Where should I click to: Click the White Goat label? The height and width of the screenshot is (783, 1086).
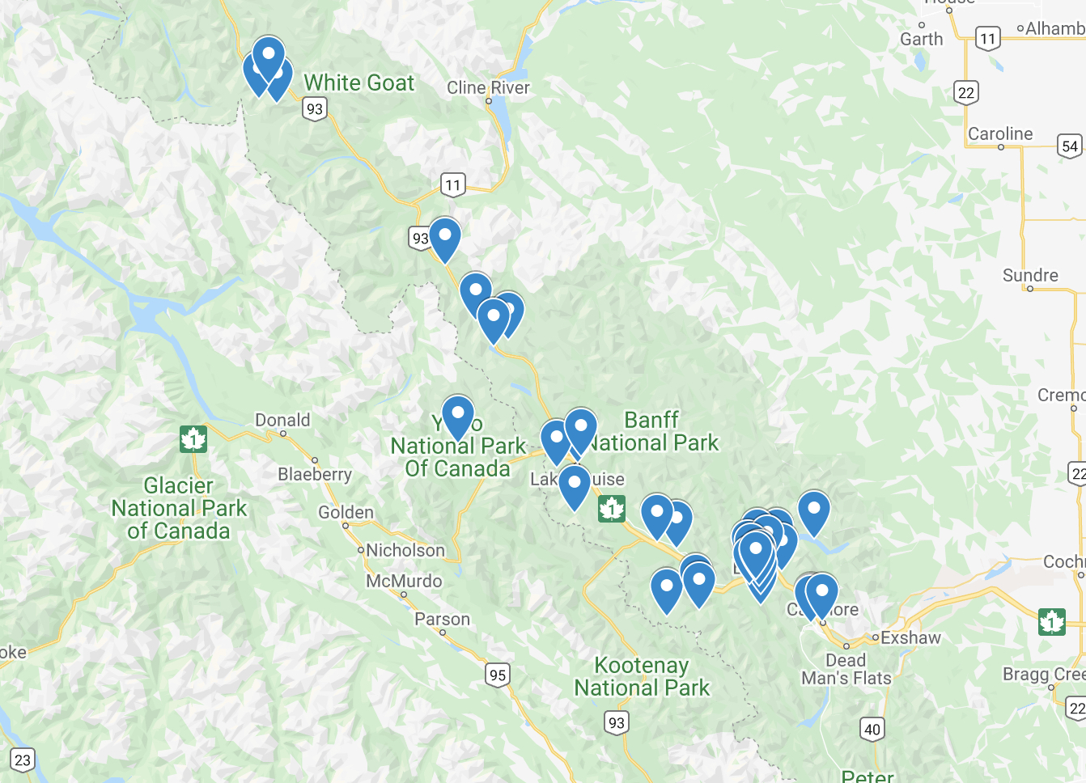pos(358,83)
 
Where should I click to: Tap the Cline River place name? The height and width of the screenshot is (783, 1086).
pos(488,87)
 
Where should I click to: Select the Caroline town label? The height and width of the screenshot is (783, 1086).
pos(1000,134)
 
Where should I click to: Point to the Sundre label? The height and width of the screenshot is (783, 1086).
pos(1030,276)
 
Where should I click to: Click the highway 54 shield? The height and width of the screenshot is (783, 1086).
pos(1070,146)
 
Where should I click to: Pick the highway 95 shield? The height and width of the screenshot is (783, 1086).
pos(498,675)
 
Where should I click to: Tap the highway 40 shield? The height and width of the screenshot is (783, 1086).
pos(872,729)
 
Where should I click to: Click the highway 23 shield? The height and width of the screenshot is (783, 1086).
pos(23,760)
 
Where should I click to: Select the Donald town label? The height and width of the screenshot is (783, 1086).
pos(282,421)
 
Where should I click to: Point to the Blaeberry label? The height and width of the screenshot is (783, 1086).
pos(315,474)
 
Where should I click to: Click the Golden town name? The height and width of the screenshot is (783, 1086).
pos(346,513)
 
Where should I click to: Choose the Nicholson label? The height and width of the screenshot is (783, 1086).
pos(405,551)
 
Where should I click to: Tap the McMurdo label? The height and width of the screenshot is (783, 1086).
pos(404,582)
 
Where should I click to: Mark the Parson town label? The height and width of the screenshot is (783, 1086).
pos(442,620)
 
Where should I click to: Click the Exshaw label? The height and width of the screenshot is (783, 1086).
pos(910,638)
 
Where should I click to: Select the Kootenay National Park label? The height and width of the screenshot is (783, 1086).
pos(642,677)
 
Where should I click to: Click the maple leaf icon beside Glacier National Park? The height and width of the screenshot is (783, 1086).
pos(193,439)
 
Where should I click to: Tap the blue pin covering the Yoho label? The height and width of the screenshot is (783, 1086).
pos(457,415)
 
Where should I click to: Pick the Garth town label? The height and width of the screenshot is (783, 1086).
pos(922,40)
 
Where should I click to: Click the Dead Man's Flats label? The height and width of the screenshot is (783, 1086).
pos(846,670)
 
